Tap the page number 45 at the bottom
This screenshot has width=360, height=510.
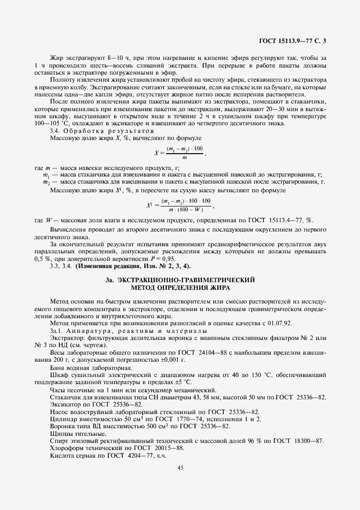pyautogui.click(x=180, y=466)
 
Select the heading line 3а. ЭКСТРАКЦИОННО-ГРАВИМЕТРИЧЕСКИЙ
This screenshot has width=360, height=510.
pyautogui.click(x=180, y=280)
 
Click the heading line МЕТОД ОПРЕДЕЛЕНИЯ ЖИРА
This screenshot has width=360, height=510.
pyautogui.click(x=180, y=287)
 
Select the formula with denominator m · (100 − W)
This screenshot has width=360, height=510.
pyautogui.click(x=179, y=205)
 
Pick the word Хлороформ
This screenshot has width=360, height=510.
pyautogui.click(x=66, y=447)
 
